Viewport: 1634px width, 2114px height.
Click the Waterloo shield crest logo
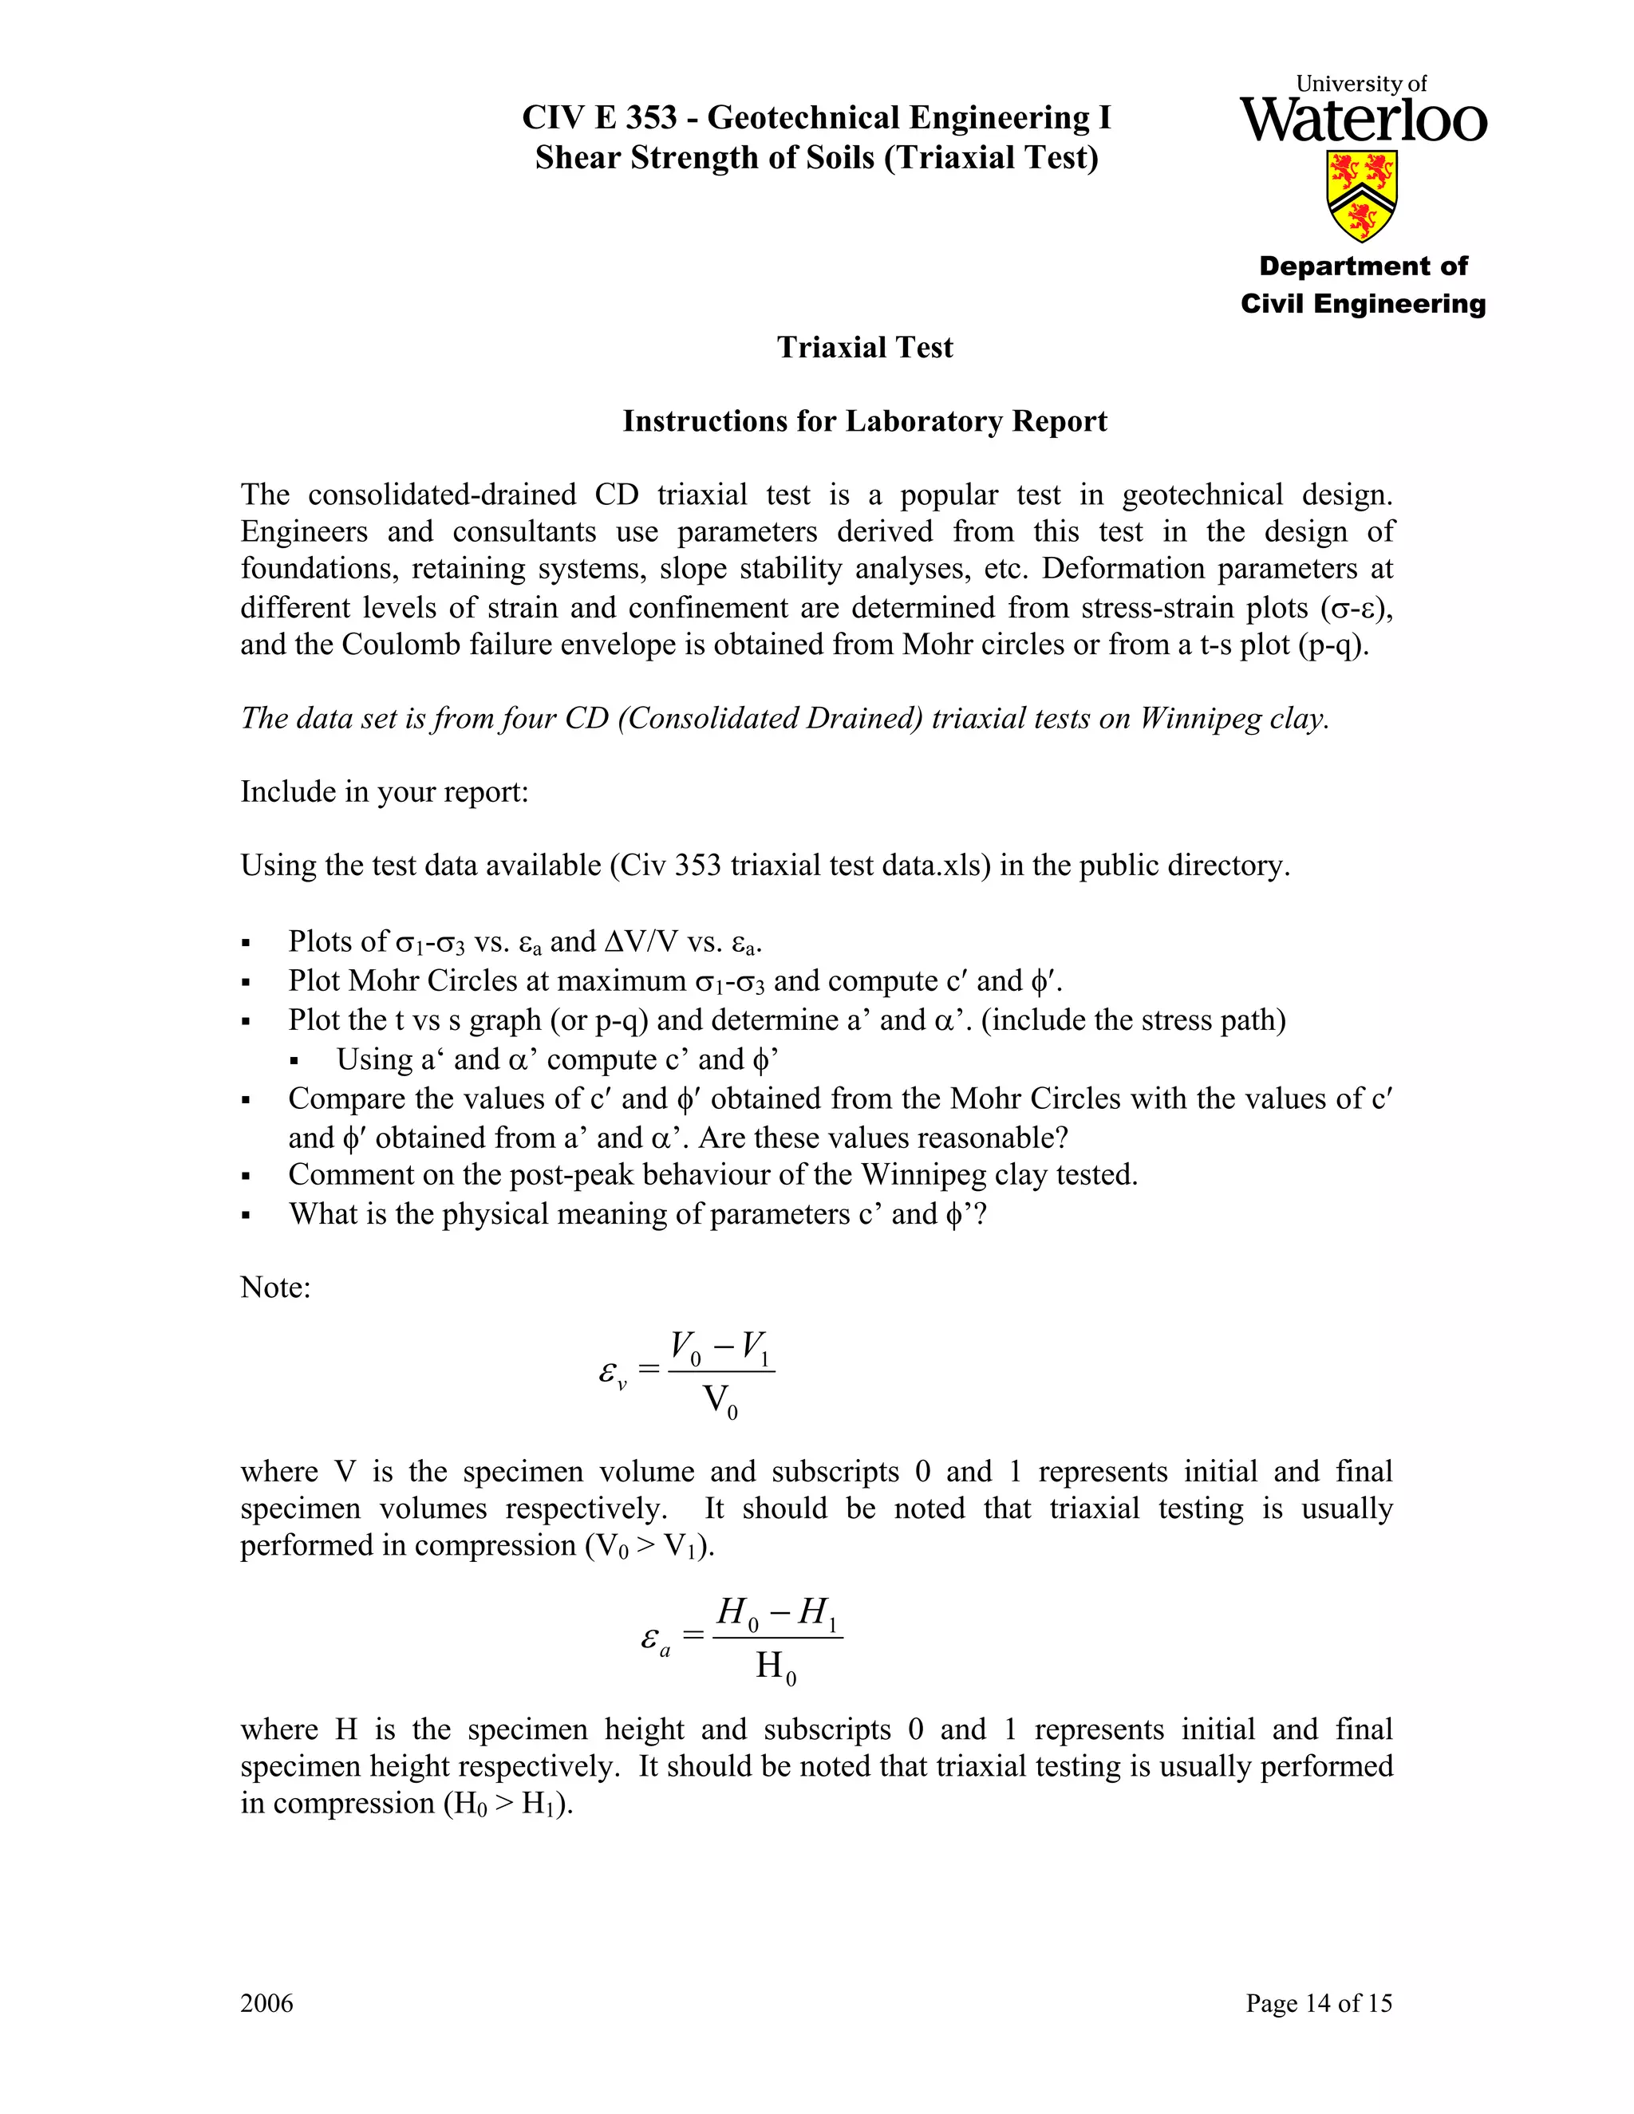[1362, 195]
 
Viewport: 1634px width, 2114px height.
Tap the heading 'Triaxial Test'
[864, 348]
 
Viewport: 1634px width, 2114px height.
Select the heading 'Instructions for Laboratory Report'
[864, 421]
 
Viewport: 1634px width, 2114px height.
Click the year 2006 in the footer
[266, 2002]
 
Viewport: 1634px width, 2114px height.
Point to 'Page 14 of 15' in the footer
[1318, 2002]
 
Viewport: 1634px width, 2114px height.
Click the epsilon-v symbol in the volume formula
[613, 1374]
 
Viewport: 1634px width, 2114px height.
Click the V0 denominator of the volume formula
[719, 1401]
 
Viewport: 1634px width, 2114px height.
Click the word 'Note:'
[276, 1288]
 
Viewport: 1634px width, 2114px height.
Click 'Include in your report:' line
[385, 792]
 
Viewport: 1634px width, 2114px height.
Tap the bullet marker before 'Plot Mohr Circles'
[246, 983]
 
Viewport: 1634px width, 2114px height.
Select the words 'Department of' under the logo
[1363, 266]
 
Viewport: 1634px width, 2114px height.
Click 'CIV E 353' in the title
[599, 118]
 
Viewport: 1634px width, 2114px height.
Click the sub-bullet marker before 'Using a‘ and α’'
[294, 1062]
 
